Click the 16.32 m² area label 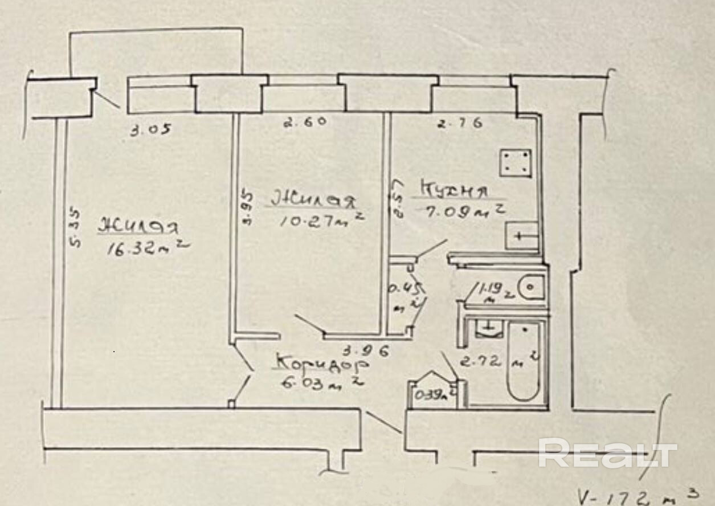tap(147, 248)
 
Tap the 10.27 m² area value tap(321, 219)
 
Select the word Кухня tap(454, 189)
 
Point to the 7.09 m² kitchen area tap(463, 212)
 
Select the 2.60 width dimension tap(305, 122)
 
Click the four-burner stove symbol tap(516, 163)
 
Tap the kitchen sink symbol tap(522, 235)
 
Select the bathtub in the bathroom tap(523, 362)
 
